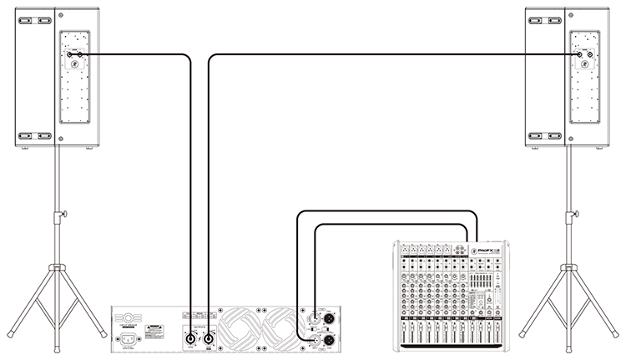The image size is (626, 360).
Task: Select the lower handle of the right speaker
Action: point(539,134)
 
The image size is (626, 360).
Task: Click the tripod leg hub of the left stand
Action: point(57,268)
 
